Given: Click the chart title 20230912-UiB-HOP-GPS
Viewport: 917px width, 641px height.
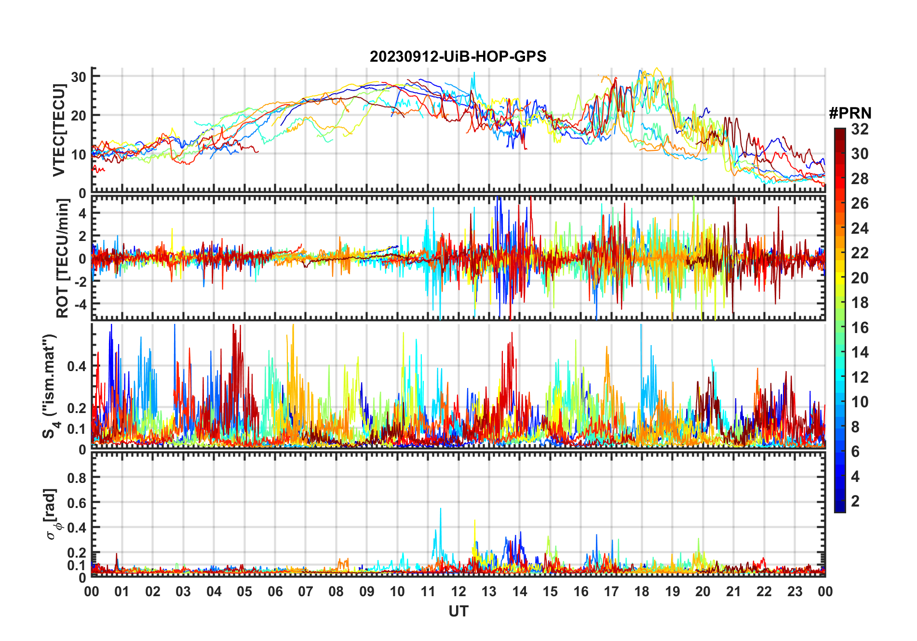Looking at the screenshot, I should click(x=458, y=56).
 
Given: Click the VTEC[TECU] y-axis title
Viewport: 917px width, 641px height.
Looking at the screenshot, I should click(x=59, y=130).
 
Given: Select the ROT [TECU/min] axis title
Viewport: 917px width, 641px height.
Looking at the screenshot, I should click(x=63, y=258).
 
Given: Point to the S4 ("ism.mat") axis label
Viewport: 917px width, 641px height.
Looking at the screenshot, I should click(x=50, y=386).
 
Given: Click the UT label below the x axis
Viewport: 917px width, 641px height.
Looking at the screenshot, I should click(x=458, y=611).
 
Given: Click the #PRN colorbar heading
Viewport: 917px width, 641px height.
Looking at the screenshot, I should click(x=850, y=113).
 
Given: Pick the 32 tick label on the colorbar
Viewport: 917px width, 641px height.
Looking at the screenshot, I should click(x=860, y=129).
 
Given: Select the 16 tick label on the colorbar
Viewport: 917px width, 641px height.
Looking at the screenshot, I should click(x=860, y=328).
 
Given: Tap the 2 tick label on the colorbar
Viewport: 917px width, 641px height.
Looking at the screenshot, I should click(x=855, y=501).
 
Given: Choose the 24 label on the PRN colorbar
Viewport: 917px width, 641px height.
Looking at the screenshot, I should click(x=860, y=228).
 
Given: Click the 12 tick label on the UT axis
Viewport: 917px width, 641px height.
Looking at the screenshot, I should click(x=458, y=591).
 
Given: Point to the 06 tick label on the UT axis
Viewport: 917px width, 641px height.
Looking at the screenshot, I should click(x=275, y=591).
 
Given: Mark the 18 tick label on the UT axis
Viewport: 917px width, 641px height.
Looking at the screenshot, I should click(x=642, y=591).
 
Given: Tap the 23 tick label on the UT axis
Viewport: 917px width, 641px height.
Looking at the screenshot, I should click(x=795, y=591).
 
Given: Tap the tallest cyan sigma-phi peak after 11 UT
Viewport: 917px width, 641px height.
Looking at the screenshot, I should click(x=440, y=509).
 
